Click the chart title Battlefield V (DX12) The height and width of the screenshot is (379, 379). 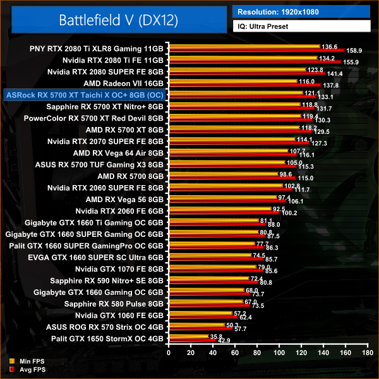pyautogui.click(x=118, y=19)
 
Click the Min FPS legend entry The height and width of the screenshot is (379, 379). pyautogui.click(x=27, y=361)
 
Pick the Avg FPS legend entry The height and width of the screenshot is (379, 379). pyautogui.click(x=27, y=369)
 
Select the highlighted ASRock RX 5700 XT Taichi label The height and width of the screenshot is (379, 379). pyautogui.click(x=85, y=95)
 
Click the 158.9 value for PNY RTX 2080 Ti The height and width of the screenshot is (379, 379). pyautogui.click(x=354, y=50)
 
